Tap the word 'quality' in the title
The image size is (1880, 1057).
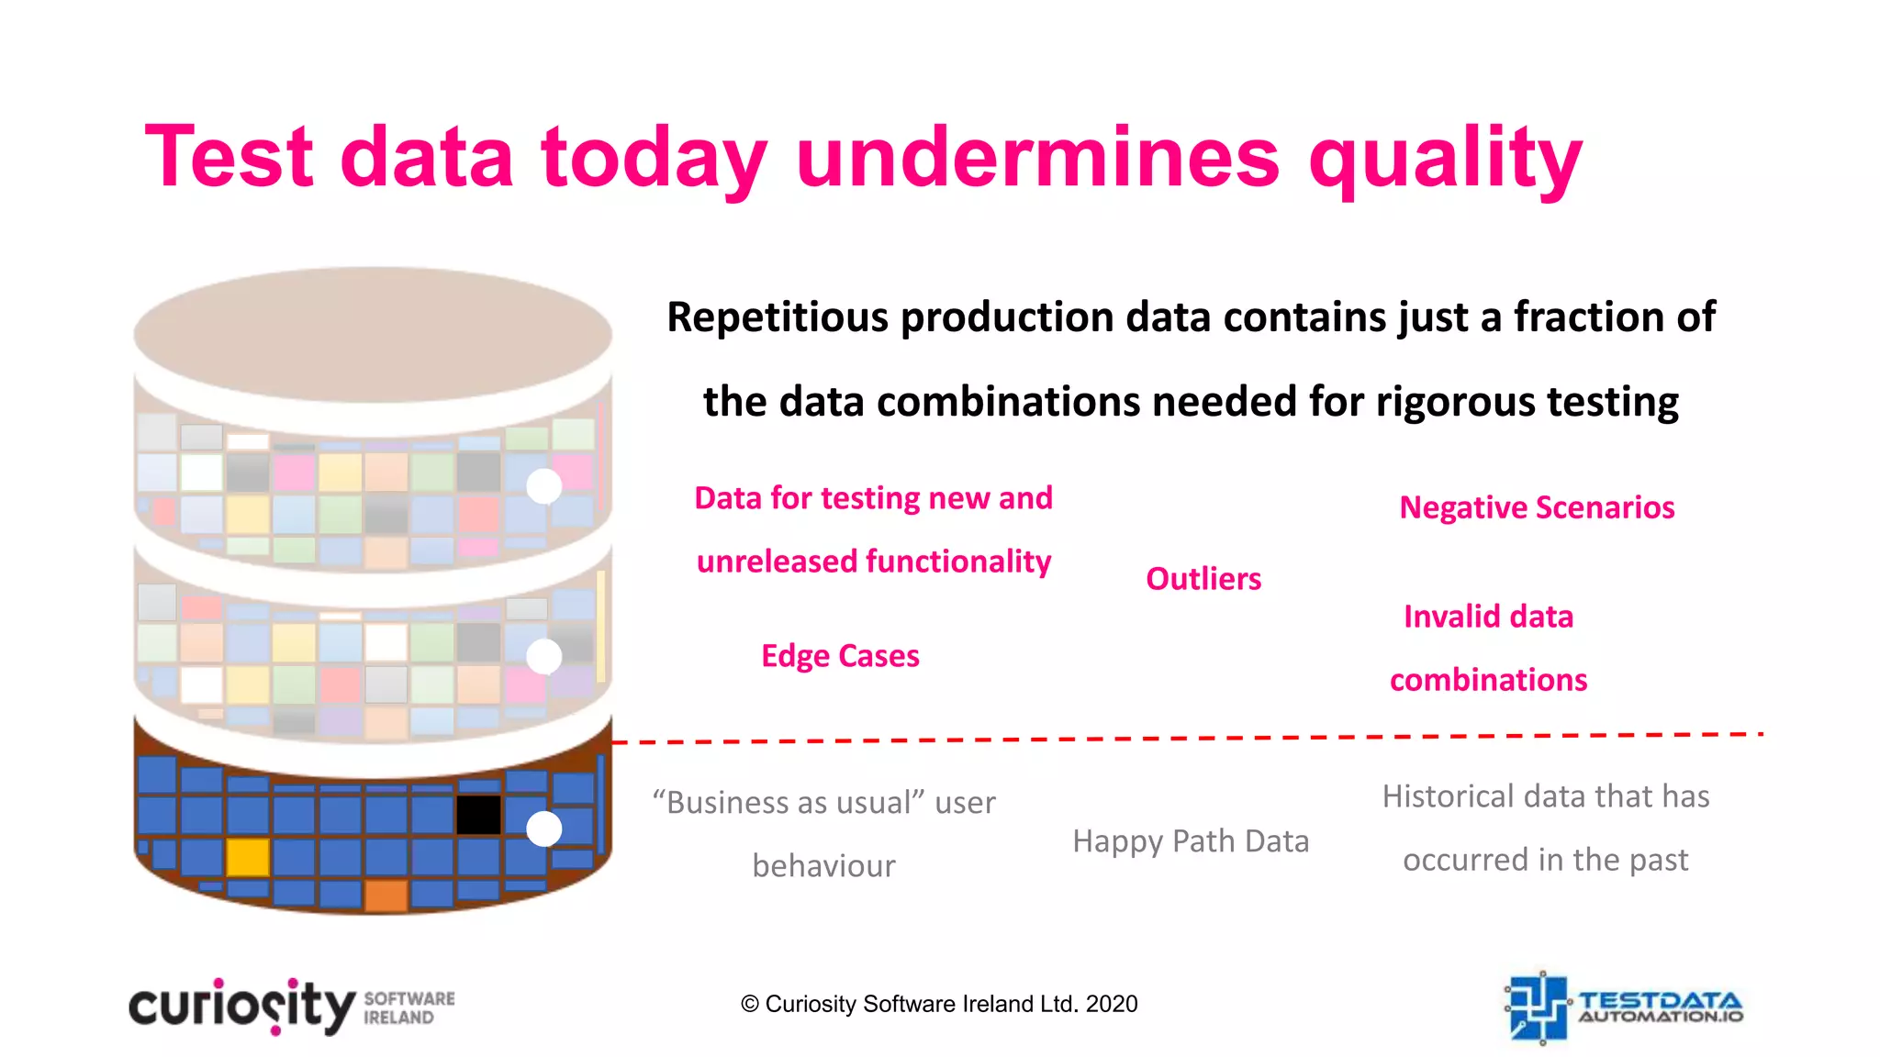tap(1445, 161)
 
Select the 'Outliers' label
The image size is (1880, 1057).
tap(1203, 579)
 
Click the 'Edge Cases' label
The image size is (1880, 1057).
tap(840, 656)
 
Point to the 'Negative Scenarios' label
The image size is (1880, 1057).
tap(1537, 507)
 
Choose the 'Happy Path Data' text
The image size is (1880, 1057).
tap(1191, 841)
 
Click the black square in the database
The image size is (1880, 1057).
tap(478, 814)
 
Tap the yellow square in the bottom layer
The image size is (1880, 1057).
tap(247, 857)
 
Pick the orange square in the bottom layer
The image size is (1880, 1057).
tap(386, 896)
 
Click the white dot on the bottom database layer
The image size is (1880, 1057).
tap(544, 829)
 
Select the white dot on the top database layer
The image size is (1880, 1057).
tap(544, 486)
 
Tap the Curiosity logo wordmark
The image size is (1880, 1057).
tap(241, 1007)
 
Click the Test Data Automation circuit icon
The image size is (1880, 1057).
tap(1538, 1007)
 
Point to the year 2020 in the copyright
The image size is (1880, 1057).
tap(1112, 1004)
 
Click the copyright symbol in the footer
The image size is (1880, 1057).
tap(750, 1004)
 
